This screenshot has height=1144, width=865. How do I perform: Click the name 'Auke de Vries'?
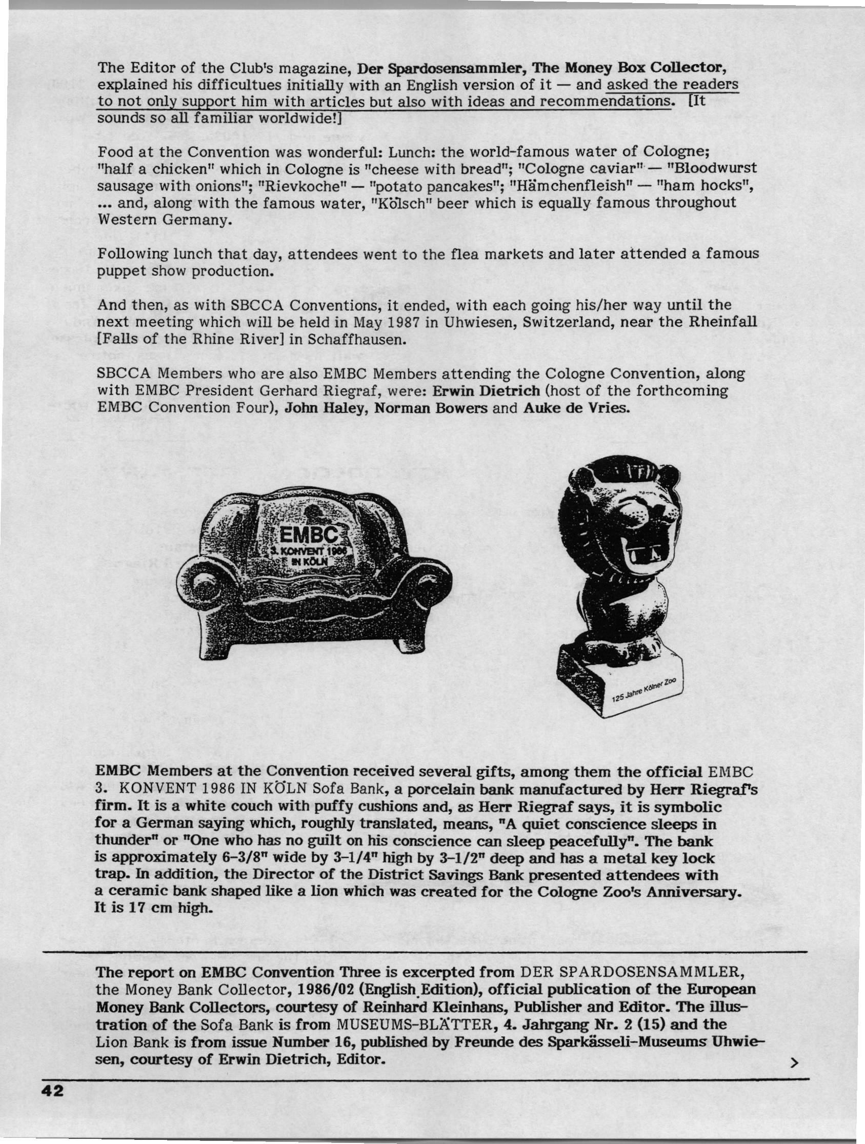[576, 407]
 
